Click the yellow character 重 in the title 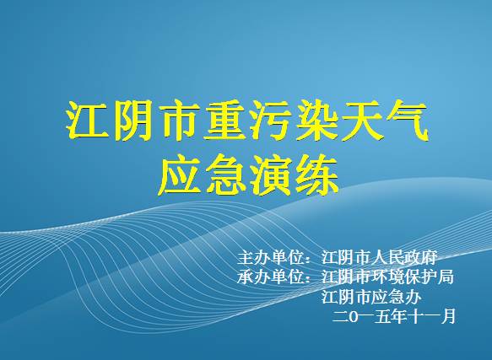(x=225, y=120)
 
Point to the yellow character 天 (x=362, y=120)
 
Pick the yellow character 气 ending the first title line (x=408, y=120)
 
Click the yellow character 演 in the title (x=271, y=175)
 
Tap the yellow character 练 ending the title (x=317, y=175)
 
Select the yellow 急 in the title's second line (x=225, y=175)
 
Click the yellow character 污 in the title (x=271, y=120)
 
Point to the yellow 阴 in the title (x=133, y=120)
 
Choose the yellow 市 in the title (x=180, y=120)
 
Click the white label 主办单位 (x=271, y=257)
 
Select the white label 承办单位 (x=271, y=277)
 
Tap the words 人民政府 (x=404, y=257)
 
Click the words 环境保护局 (x=413, y=277)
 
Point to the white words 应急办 (x=396, y=297)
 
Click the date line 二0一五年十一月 (x=394, y=316)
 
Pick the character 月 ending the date (x=448, y=316)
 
